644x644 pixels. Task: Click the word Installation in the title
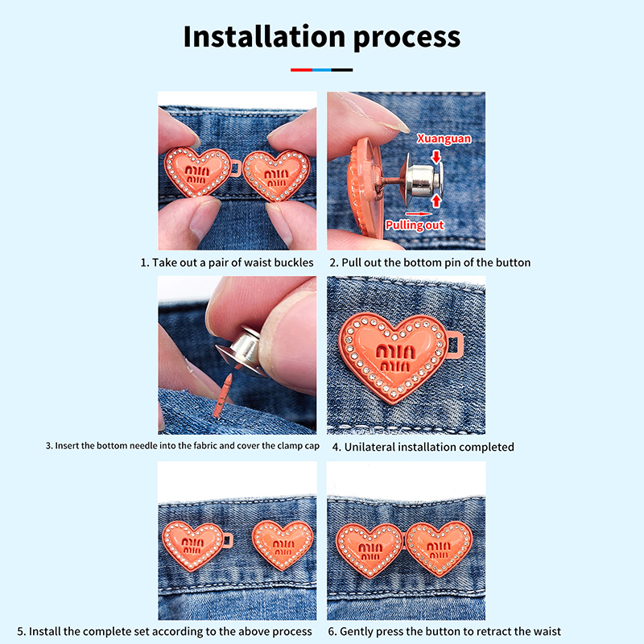(264, 36)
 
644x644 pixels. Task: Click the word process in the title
(407, 39)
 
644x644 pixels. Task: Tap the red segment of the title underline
(301, 70)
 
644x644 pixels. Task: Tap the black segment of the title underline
(341, 70)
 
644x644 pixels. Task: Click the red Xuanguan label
(444, 138)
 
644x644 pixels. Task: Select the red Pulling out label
(415, 225)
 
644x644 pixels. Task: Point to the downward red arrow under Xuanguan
(436, 156)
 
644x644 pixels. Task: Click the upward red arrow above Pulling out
(436, 200)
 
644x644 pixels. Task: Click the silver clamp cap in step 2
(421, 180)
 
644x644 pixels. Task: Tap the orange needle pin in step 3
(224, 395)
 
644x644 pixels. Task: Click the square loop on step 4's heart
(455, 346)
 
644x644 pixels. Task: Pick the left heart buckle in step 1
(197, 171)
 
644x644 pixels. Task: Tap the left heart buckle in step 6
(370, 550)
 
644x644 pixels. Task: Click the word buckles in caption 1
(294, 262)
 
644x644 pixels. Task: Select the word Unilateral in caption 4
(369, 447)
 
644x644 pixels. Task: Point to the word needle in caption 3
(142, 446)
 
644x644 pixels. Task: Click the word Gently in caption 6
(356, 632)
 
